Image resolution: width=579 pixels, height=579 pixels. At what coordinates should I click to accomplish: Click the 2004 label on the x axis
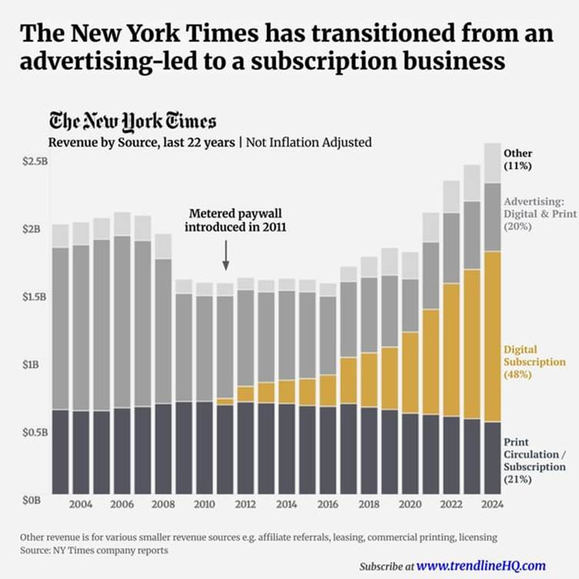pos(81,504)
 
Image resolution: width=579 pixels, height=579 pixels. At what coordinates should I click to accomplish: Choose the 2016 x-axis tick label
pos(327,504)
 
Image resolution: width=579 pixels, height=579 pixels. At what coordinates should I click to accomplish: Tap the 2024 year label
pos(490,504)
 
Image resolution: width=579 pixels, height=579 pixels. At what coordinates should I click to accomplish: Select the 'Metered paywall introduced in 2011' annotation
pos(226,221)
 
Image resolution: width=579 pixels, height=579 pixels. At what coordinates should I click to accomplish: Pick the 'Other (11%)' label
pos(517,159)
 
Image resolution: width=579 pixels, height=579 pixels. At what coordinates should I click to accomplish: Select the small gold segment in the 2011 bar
pos(225,401)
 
